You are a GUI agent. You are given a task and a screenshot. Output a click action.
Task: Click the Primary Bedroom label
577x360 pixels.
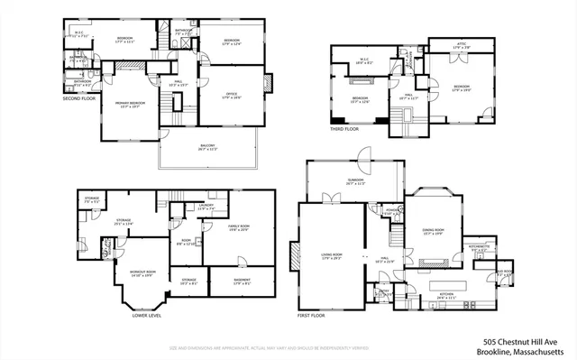tap(131, 104)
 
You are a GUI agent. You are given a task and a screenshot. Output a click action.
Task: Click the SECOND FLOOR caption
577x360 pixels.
tap(79, 98)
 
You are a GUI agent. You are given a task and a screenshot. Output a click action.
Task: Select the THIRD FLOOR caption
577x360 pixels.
tap(344, 129)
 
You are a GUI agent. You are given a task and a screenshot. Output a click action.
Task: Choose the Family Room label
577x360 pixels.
tap(238, 226)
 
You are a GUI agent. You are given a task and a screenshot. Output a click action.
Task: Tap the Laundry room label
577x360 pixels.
tap(206, 207)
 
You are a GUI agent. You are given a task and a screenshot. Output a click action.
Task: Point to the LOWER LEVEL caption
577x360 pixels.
tap(146, 316)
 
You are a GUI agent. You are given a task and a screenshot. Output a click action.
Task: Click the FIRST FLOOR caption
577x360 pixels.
tap(312, 316)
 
